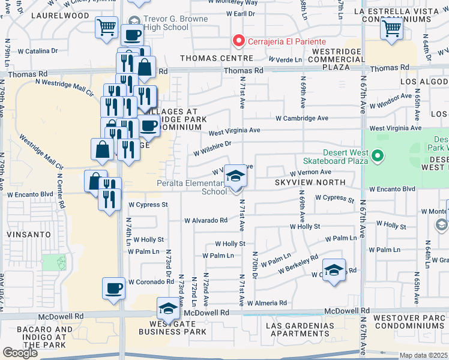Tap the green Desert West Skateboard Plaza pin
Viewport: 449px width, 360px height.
click(x=377, y=157)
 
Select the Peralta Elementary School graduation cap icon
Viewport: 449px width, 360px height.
click(x=235, y=176)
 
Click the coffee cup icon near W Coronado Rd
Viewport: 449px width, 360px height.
click(x=114, y=289)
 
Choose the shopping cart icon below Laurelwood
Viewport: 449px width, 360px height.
click(x=106, y=27)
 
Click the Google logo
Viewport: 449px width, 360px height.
click(x=20, y=353)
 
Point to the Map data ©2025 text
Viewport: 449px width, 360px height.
click(x=424, y=355)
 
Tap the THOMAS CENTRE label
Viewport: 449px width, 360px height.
click(x=214, y=58)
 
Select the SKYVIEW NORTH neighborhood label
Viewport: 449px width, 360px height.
click(x=310, y=182)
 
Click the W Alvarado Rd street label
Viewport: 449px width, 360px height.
click(x=206, y=220)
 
